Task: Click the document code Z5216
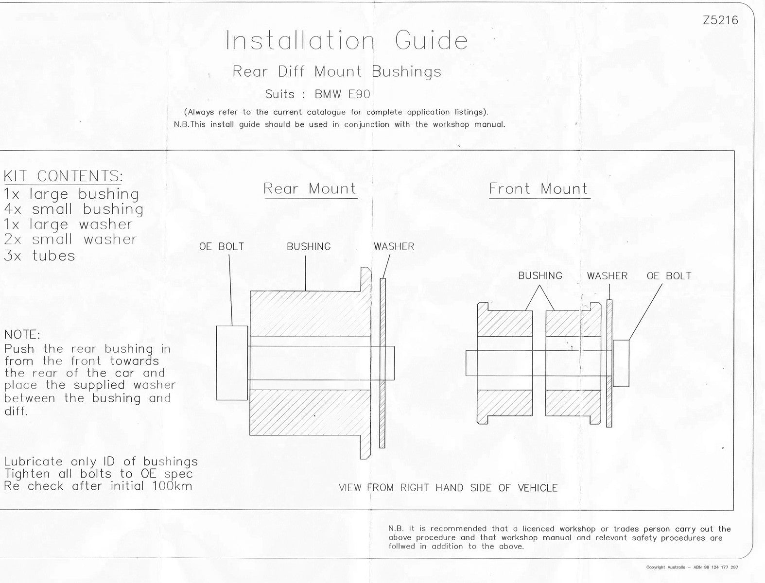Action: point(720,20)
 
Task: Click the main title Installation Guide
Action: point(347,40)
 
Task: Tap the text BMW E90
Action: point(342,94)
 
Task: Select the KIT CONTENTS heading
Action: point(63,176)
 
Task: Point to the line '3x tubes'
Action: point(39,256)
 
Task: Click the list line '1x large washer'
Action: point(69,224)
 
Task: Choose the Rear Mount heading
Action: point(310,189)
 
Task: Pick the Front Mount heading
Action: point(539,189)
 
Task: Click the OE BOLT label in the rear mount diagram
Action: point(222,247)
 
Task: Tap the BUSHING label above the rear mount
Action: point(309,247)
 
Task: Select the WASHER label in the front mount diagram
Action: point(607,276)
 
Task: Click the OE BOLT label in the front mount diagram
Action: point(669,276)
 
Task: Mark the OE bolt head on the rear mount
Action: point(232,363)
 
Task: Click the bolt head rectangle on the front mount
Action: point(621,363)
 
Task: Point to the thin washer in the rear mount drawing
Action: point(382,363)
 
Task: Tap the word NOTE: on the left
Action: point(22,335)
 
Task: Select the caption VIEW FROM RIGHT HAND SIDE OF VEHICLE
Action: point(448,488)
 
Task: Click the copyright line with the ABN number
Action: point(692,567)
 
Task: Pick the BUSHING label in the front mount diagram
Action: point(540,276)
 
